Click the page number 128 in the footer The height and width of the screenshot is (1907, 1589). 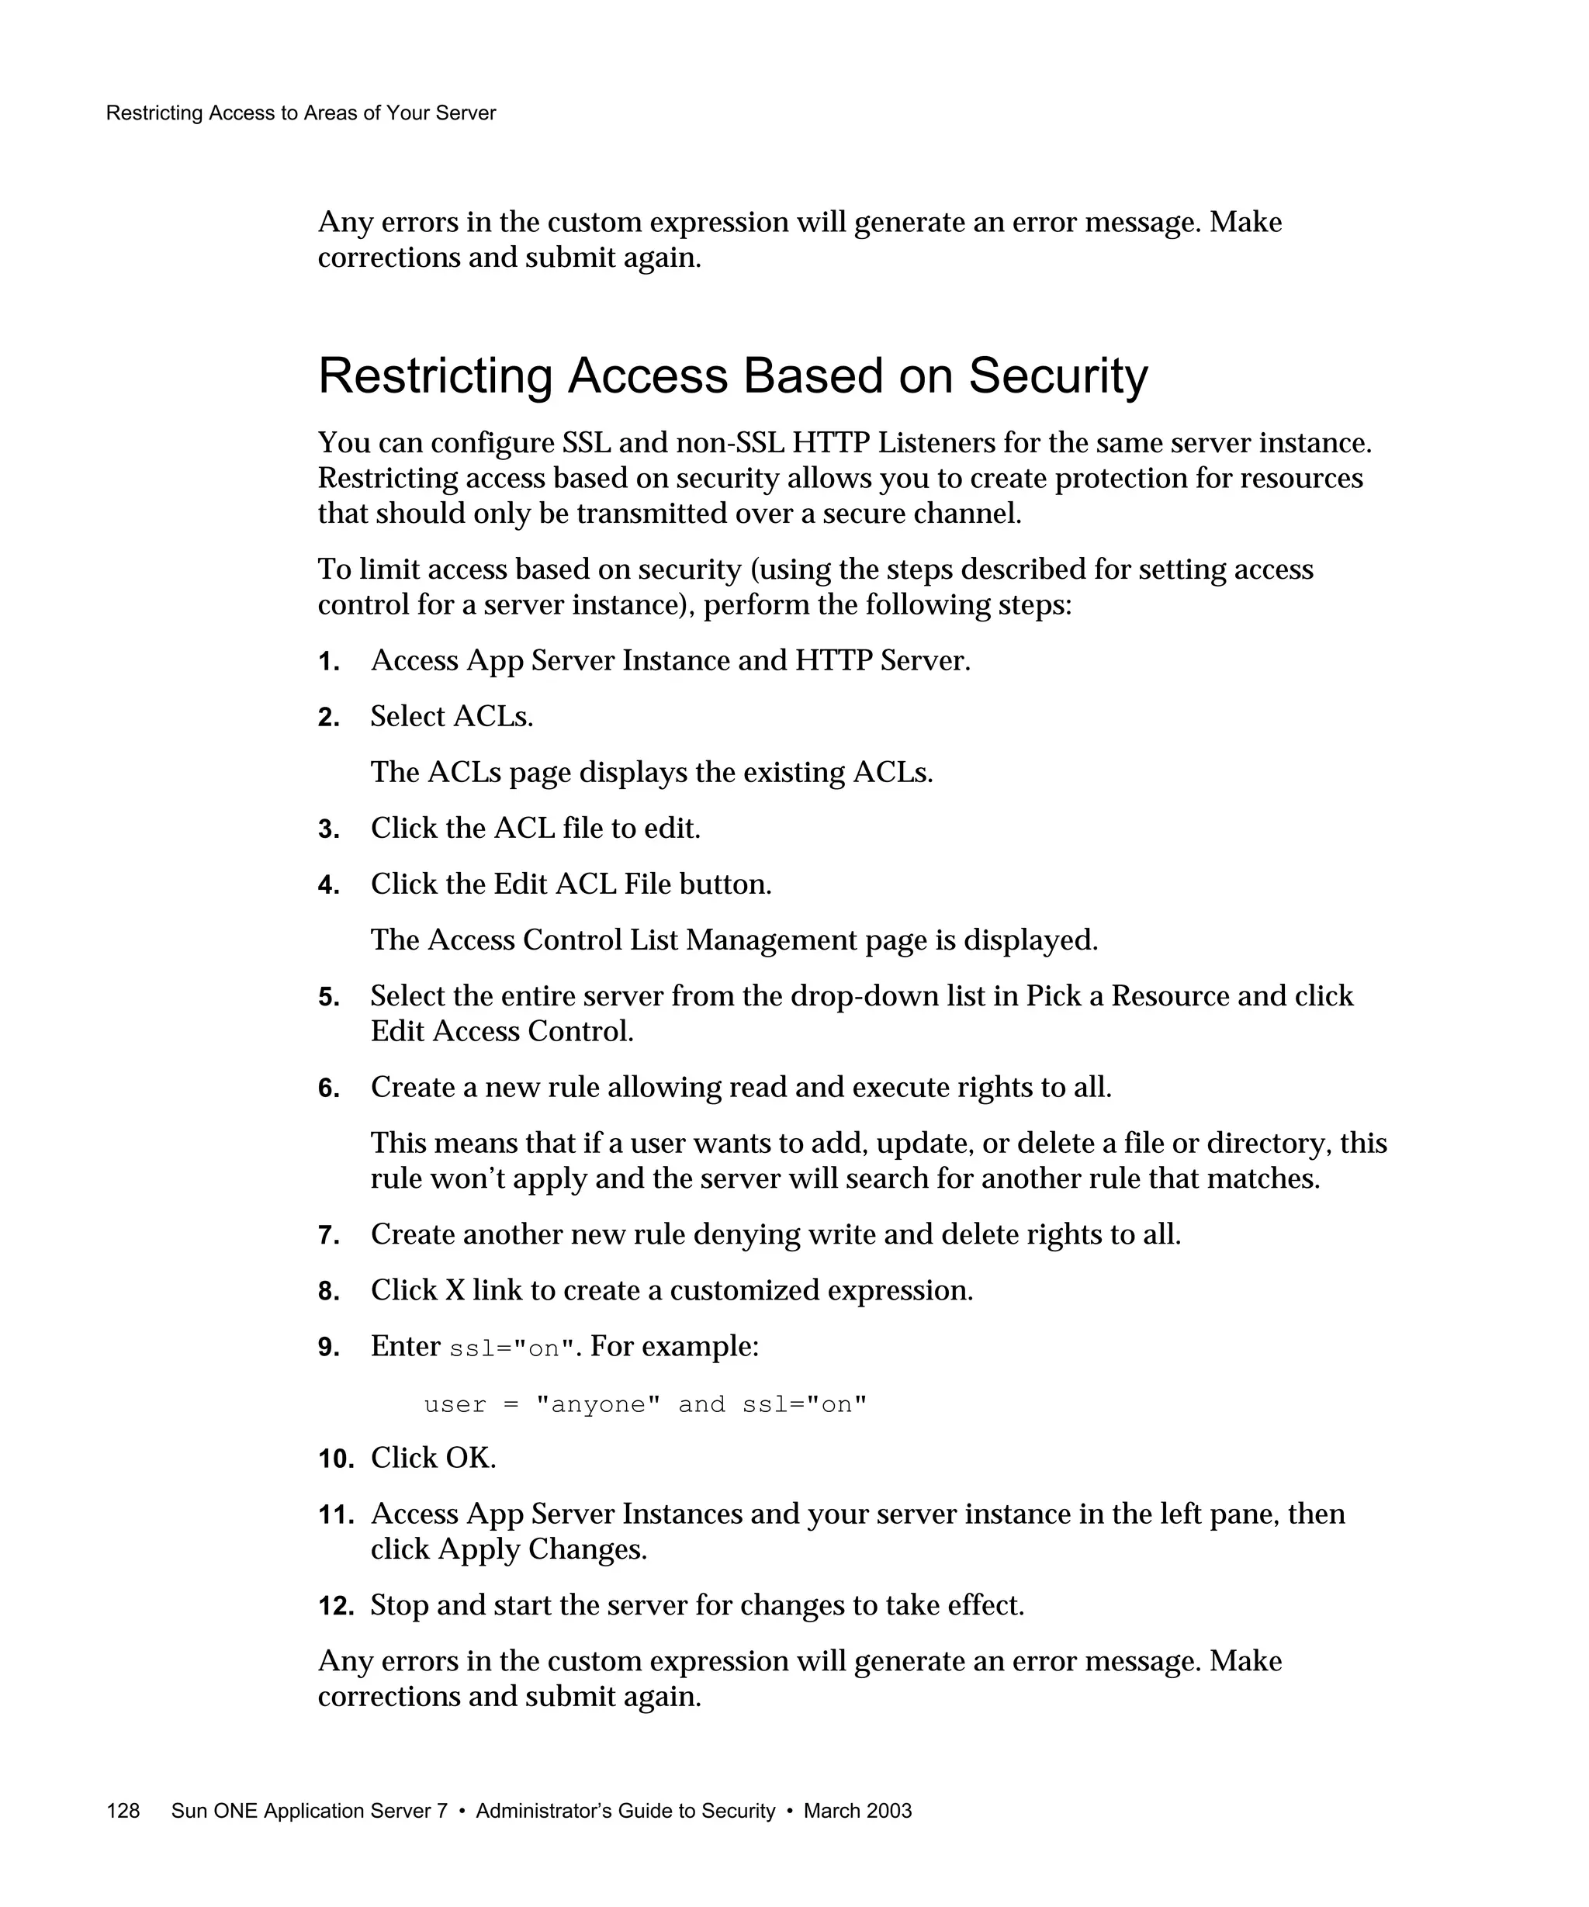tap(123, 1811)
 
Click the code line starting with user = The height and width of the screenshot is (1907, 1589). tap(645, 1405)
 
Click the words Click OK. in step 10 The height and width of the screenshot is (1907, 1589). tap(433, 1459)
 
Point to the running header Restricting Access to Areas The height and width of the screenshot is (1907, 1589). tap(300, 113)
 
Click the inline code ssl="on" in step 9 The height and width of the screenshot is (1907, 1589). tap(513, 1348)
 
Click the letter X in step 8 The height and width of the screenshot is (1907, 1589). tap(455, 1290)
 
